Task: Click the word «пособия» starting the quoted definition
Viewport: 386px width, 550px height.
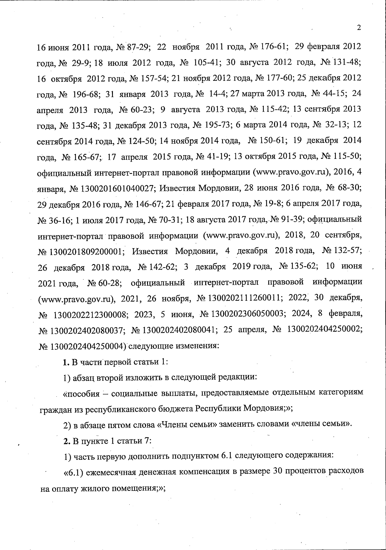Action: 82,393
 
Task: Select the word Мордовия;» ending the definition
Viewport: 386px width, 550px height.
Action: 268,408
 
